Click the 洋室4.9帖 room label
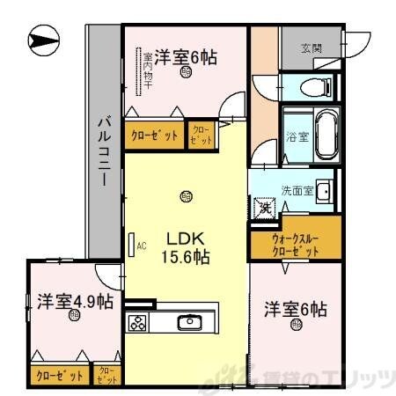click(x=75, y=301)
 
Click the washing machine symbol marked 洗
click(x=264, y=209)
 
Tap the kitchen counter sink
click(x=189, y=322)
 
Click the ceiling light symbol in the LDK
click(x=185, y=195)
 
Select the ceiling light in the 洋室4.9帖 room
click(x=75, y=321)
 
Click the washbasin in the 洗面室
click(x=321, y=192)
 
